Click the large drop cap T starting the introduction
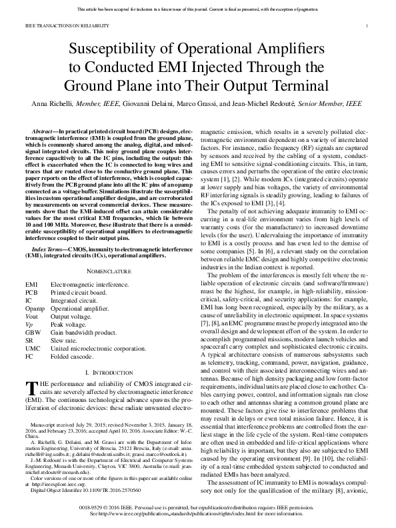[x=30, y=388]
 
